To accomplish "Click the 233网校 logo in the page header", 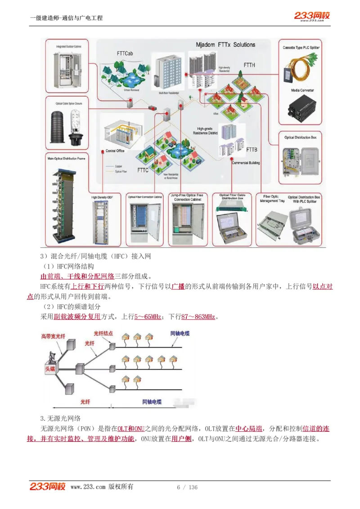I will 312,16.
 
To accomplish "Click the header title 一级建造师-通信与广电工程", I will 66,18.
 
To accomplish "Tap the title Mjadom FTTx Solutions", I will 225,45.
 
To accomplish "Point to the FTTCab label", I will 125,54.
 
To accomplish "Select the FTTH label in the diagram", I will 249,65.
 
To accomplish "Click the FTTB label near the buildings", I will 252,149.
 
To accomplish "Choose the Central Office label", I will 114,151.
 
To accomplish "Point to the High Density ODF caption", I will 102,197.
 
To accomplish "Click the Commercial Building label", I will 246,163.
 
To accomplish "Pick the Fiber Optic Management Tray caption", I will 270,198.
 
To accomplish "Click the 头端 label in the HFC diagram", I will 50,369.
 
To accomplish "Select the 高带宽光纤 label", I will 53,336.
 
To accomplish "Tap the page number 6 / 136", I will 187,487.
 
